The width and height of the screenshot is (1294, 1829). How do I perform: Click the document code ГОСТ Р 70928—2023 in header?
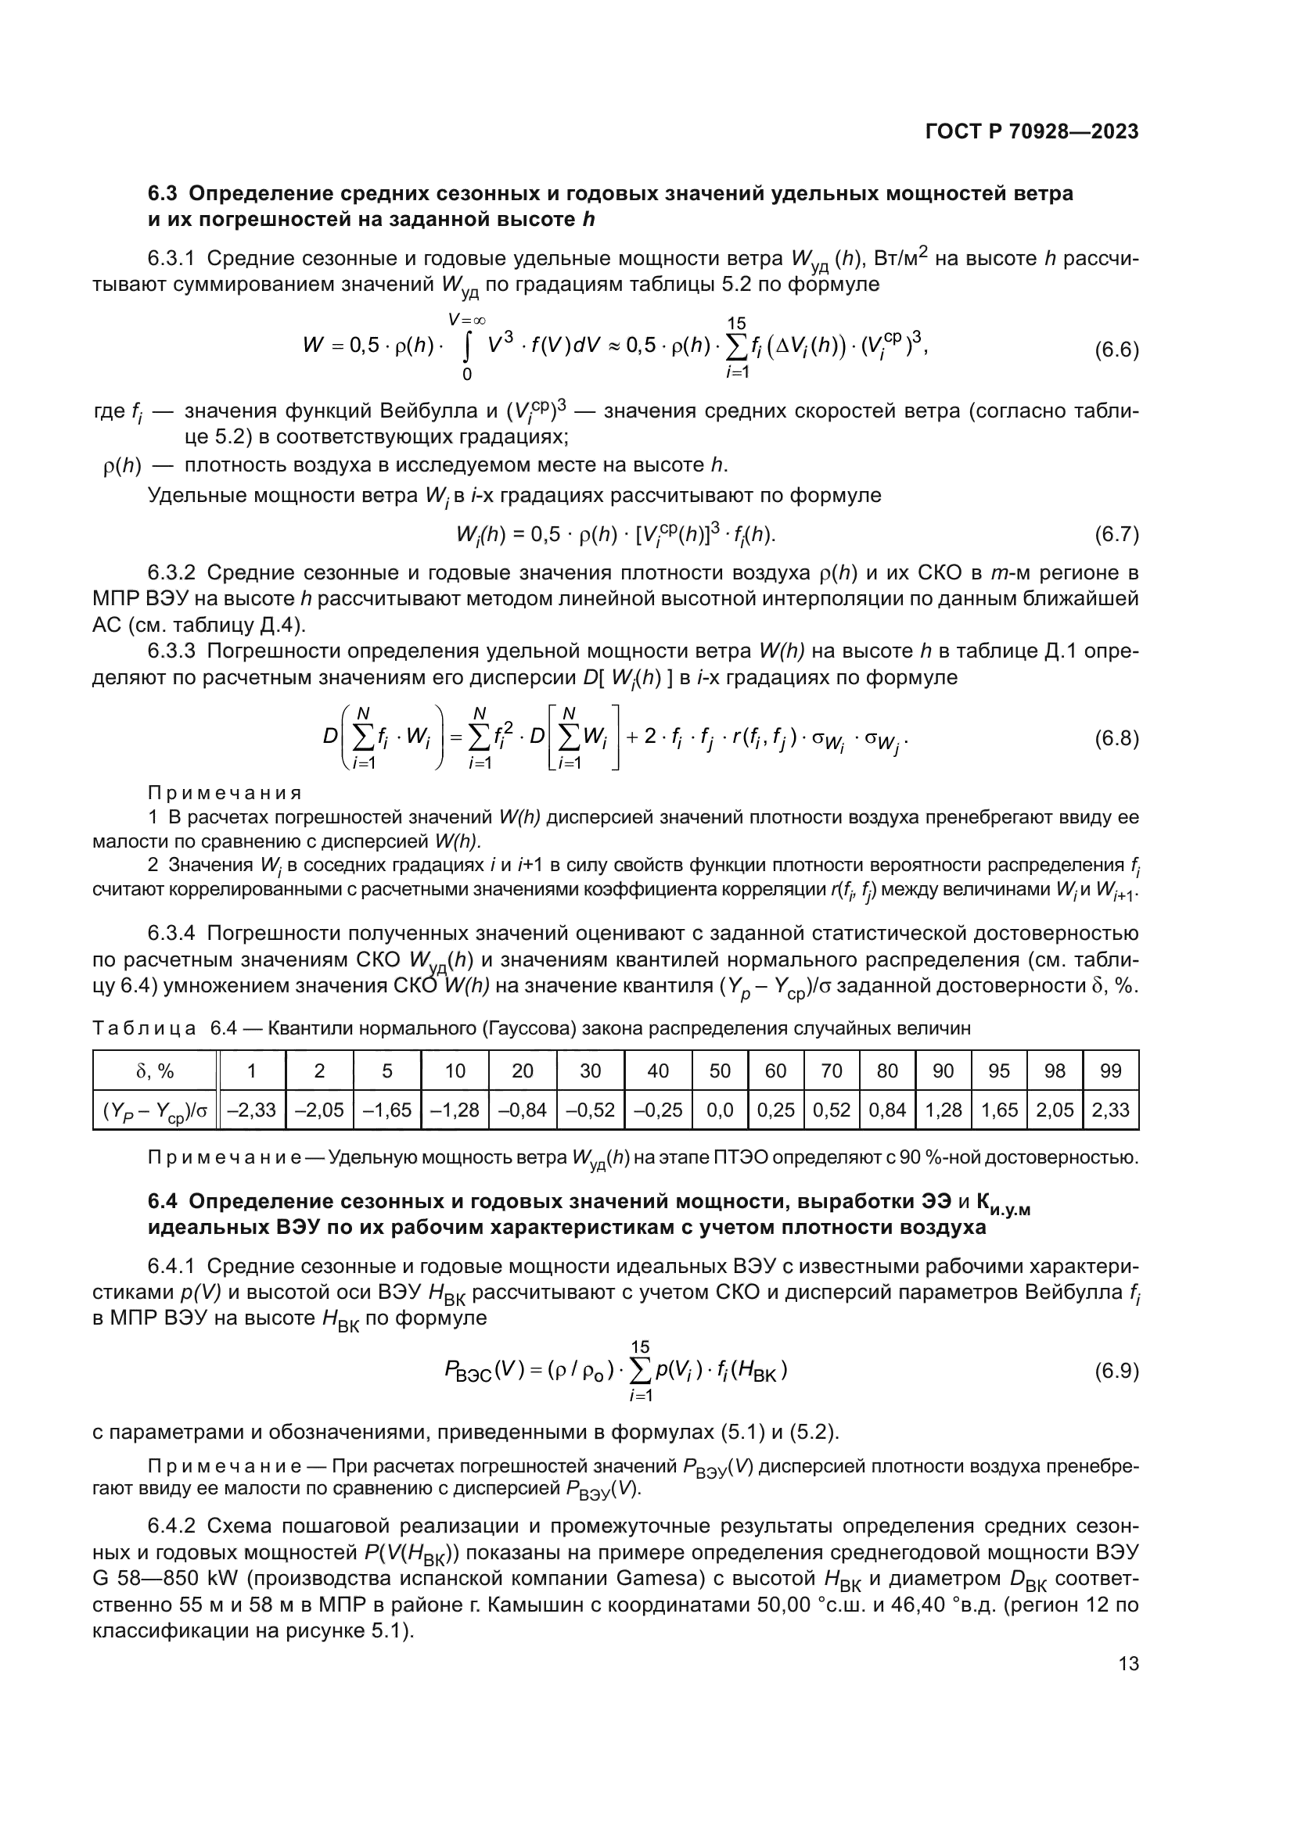coord(1032,131)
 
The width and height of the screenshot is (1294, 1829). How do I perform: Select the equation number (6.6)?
coord(1116,349)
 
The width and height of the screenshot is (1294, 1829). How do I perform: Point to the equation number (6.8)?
coord(1116,738)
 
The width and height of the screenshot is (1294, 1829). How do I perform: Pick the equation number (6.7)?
coord(1116,534)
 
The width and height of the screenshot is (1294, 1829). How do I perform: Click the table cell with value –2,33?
coord(252,1110)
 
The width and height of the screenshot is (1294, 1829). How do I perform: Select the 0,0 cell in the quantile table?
coord(720,1110)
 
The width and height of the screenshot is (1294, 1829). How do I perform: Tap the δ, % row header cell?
coord(156,1071)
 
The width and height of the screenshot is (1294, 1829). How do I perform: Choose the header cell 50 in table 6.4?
coord(720,1071)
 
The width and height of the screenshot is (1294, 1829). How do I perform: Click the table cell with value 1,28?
coord(943,1110)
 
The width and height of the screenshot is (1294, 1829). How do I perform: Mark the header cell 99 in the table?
coord(1110,1071)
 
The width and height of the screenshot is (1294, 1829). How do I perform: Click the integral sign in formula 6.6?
coord(469,347)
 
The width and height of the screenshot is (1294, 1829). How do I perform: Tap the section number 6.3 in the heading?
coord(165,194)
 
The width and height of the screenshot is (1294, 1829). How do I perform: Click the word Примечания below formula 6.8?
coord(225,793)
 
